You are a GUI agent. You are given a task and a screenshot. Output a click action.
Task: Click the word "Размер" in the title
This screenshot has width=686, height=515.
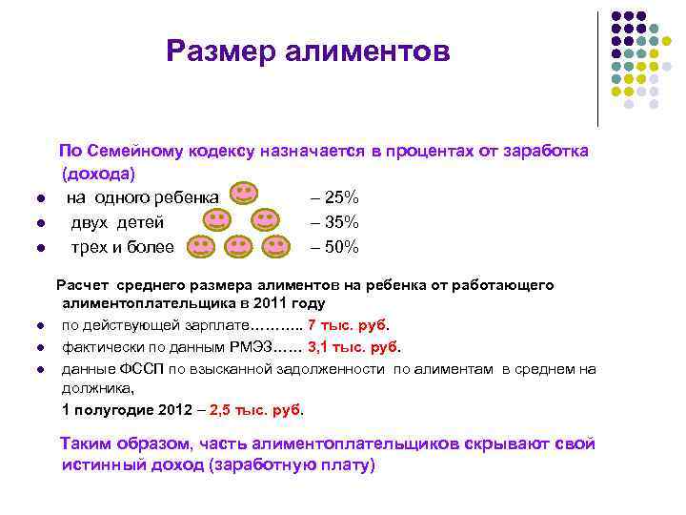[221, 51]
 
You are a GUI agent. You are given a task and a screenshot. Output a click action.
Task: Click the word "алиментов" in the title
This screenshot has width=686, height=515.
[368, 51]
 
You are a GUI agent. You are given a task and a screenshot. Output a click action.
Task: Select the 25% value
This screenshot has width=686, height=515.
[342, 197]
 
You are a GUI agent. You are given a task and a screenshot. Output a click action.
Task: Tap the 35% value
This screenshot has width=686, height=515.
[342, 222]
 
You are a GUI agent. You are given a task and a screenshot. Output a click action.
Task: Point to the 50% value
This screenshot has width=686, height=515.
[342, 247]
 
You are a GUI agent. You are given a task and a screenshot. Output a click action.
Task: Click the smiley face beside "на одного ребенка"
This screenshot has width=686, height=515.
[244, 193]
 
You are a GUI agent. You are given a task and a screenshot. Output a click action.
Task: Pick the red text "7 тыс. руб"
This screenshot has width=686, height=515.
[347, 325]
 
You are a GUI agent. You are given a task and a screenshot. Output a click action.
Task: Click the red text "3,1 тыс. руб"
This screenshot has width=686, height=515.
[353, 347]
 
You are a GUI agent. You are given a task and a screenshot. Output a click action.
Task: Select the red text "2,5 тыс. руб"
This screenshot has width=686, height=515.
[255, 410]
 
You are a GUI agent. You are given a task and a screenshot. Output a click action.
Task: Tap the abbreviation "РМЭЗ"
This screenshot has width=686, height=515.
[251, 347]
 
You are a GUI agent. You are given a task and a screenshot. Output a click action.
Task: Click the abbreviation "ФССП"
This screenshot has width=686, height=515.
[141, 369]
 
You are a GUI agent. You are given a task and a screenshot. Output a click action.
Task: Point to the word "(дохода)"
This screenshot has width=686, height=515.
[98, 175]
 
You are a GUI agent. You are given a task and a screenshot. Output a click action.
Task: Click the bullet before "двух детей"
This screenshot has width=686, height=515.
[41, 223]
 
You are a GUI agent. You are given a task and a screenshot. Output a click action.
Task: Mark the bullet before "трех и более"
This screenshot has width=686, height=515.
[41, 248]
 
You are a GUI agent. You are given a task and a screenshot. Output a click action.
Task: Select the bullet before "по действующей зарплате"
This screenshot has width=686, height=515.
[41, 326]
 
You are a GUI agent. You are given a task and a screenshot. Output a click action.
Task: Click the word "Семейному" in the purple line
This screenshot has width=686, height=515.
[134, 151]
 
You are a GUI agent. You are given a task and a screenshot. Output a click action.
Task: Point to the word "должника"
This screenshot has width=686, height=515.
[97, 388]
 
